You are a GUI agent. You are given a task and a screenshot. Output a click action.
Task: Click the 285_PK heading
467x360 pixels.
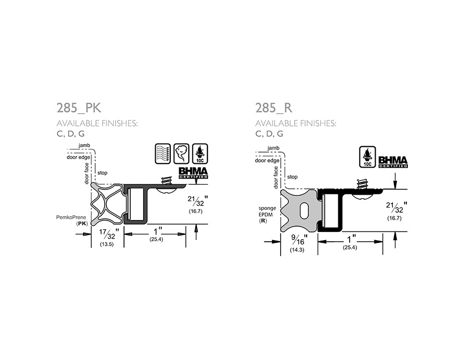pyautogui.click(x=79, y=108)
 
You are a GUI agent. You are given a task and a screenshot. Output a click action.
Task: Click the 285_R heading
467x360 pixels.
pyautogui.click(x=273, y=108)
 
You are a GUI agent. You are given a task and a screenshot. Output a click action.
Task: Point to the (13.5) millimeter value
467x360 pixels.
pyautogui.click(x=106, y=244)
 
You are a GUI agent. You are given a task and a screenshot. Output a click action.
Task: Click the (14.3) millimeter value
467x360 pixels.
pyautogui.click(x=297, y=250)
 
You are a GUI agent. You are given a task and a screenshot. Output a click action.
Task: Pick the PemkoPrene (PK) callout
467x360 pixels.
pyautogui.click(x=72, y=220)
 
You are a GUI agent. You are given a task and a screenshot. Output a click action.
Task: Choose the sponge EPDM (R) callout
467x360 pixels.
pyautogui.click(x=267, y=214)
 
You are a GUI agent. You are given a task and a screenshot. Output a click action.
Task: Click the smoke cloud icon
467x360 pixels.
pyautogui.click(x=181, y=154)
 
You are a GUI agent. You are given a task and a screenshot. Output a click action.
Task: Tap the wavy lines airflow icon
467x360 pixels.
pyautogui.click(x=163, y=154)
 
